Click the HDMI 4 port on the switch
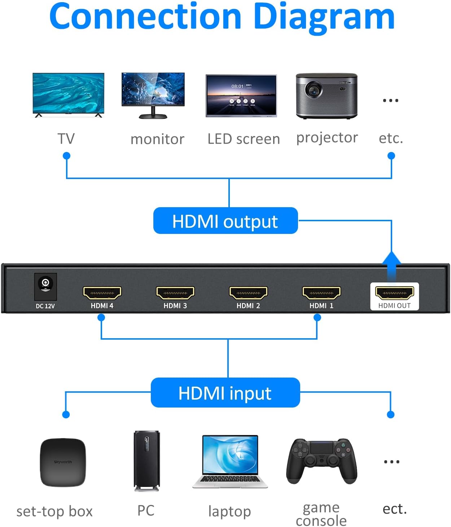[102, 293]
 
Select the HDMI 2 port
[248, 293]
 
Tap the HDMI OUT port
[394, 293]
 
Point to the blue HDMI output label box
[225, 221]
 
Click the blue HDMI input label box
[225, 393]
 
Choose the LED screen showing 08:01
[241, 96]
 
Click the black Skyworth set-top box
[63, 462]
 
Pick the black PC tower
[146, 461]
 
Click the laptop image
[230, 461]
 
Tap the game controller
[321, 460]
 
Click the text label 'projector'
[327, 138]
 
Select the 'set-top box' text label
[54, 511]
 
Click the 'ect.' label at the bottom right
[395, 509]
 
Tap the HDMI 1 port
[321, 293]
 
